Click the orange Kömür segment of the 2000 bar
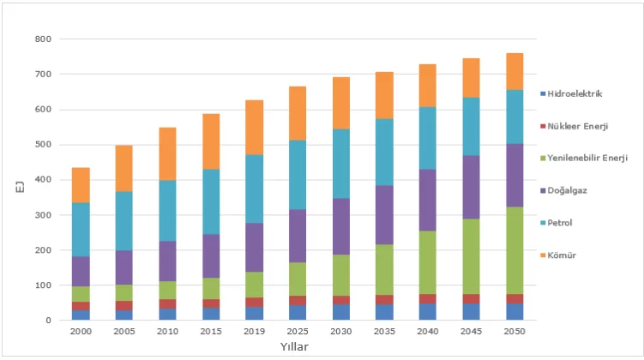81,184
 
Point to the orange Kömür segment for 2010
167,153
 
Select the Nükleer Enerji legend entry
579,125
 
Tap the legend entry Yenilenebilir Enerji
587,158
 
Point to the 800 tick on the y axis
43,39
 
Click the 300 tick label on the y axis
43,215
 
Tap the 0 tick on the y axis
48,321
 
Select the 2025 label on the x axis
298,332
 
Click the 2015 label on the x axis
210,332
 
